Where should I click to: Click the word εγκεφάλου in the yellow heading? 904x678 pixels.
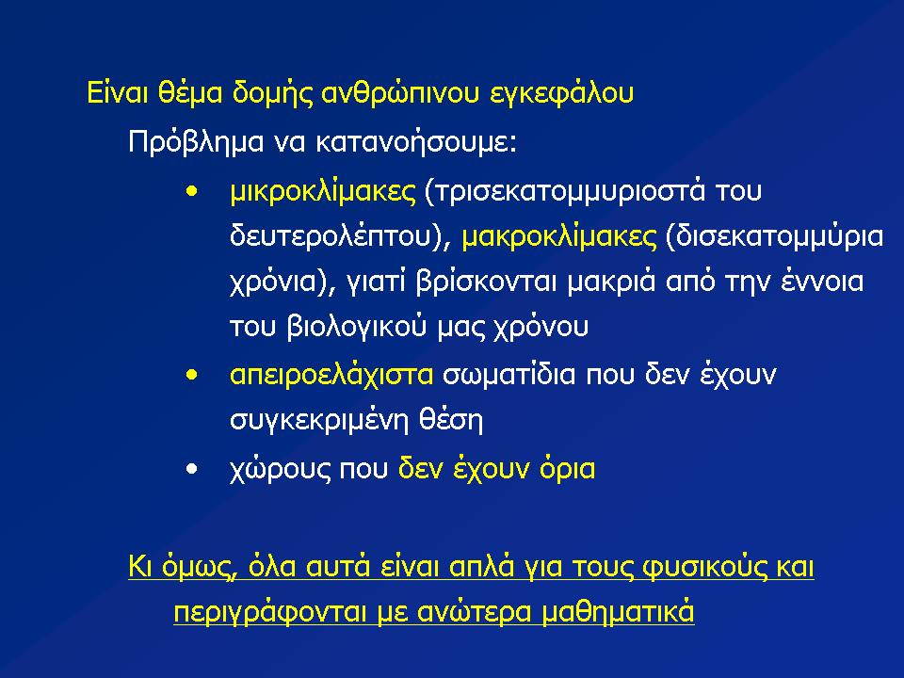tap(561, 94)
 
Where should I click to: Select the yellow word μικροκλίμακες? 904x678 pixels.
tap(322, 191)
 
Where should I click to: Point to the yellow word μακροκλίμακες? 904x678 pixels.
tap(559, 235)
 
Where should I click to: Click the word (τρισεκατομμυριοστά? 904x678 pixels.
tap(564, 192)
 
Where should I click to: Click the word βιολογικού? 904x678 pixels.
tap(356, 327)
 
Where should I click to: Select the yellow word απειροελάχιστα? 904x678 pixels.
tap(331, 376)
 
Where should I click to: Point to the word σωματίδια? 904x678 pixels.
tap(509, 376)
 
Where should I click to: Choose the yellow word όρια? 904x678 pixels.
tap(567, 469)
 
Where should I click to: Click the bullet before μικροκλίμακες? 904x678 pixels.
tap(192, 191)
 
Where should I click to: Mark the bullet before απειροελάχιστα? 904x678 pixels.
tap(192, 376)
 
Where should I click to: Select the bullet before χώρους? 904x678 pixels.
tap(192, 469)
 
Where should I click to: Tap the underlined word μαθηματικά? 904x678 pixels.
tap(618, 612)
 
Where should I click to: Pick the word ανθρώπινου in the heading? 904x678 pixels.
tap(399, 94)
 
